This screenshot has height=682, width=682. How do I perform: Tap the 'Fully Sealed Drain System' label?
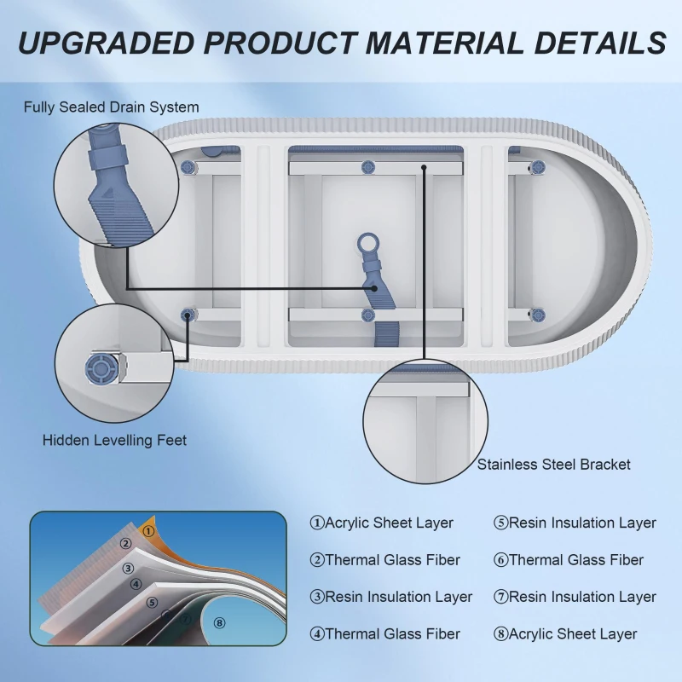[112, 107]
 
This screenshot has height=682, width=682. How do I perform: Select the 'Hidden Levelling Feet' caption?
[114, 441]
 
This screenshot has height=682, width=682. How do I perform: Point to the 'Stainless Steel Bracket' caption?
[553, 465]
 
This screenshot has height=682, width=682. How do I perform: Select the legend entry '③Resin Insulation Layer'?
[390, 597]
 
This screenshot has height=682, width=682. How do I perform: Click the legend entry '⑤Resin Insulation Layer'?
[575, 523]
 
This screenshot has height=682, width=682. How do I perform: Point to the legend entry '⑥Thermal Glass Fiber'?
[569, 560]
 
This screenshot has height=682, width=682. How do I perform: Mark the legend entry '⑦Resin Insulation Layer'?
[575, 597]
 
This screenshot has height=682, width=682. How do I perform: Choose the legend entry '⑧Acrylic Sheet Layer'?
[565, 633]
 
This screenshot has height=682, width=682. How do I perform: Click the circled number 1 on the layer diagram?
[149, 531]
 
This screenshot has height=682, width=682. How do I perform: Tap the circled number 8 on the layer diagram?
[220, 623]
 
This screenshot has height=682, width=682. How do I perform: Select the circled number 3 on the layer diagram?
[129, 568]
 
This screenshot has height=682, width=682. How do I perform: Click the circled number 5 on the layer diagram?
[152, 603]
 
